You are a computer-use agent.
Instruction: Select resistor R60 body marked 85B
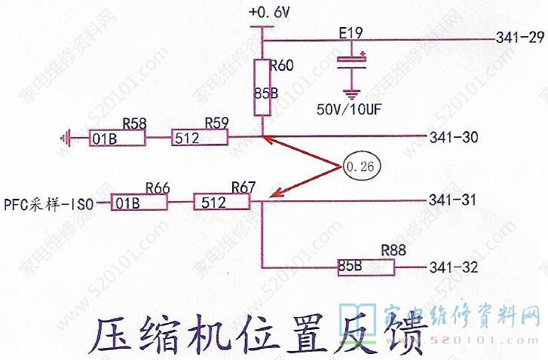(262, 89)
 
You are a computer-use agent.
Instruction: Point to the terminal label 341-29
(520, 38)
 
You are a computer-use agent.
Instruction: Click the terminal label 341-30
(453, 138)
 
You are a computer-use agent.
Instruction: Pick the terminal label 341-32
(453, 267)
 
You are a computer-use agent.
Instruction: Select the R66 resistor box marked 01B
(133, 203)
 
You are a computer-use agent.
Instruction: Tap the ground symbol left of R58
(66, 138)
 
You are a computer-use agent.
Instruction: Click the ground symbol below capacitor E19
(350, 93)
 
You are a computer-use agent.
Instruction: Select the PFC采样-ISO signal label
(47, 203)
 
